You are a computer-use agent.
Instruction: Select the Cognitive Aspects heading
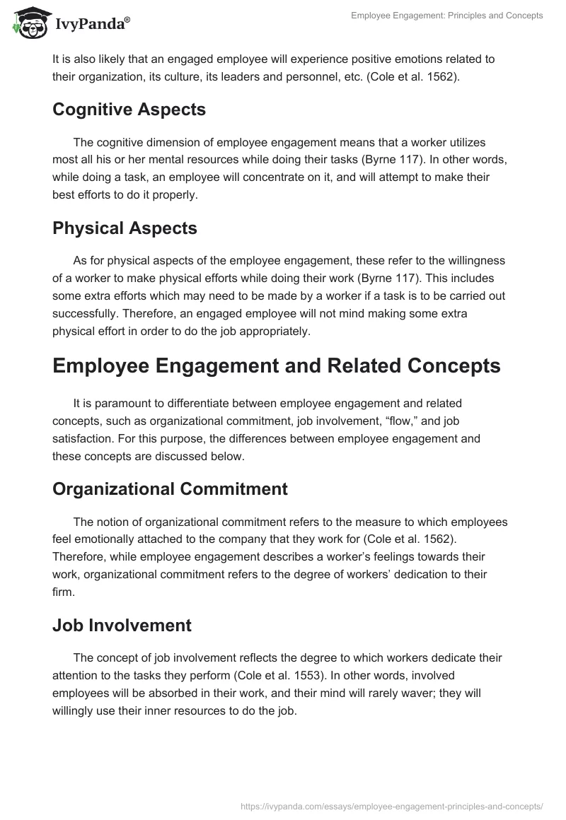(x=129, y=110)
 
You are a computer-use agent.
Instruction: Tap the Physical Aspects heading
(x=125, y=228)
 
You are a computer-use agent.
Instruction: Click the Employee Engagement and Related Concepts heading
(x=277, y=365)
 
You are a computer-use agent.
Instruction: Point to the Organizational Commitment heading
(x=170, y=488)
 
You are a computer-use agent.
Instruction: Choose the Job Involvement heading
(x=122, y=625)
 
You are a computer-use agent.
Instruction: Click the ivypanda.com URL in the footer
(x=391, y=805)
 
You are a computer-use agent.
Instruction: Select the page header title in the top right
(x=447, y=16)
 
